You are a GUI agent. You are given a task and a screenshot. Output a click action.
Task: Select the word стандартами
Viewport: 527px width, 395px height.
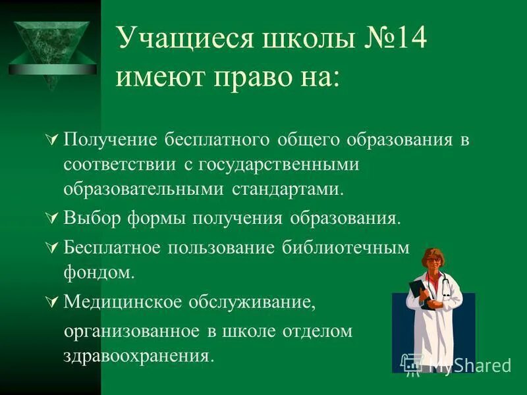pos(288,189)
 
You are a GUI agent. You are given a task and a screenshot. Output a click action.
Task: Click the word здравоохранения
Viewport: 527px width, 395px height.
pos(138,356)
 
